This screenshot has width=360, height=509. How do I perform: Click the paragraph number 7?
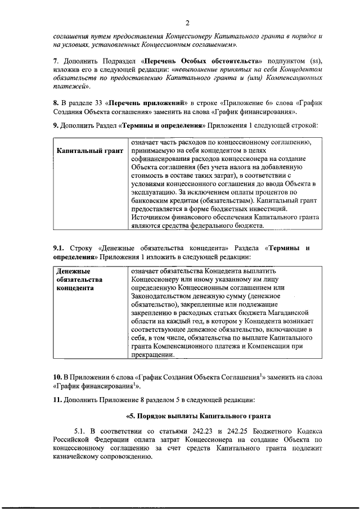(55, 60)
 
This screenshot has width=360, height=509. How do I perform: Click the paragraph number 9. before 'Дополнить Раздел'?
(56, 125)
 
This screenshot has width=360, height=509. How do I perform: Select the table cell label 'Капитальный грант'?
(90, 152)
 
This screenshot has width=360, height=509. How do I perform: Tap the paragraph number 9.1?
(60, 248)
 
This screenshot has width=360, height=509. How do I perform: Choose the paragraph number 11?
(57, 400)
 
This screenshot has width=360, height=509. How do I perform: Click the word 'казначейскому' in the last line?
(82, 456)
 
